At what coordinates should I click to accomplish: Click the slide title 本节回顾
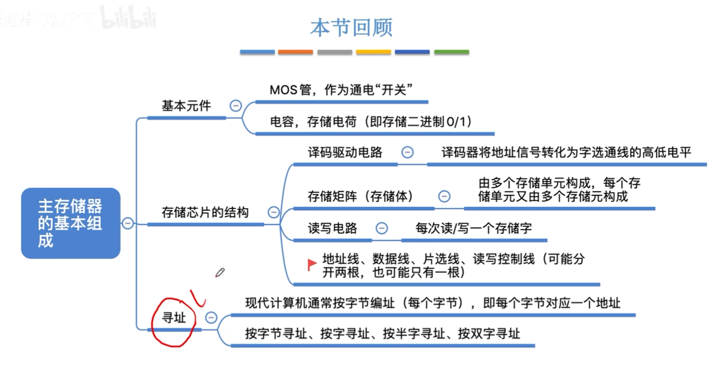[351, 28]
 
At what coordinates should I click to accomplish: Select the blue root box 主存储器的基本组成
[71, 223]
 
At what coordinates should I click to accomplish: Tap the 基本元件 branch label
[186, 106]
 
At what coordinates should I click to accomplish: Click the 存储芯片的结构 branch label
[205, 212]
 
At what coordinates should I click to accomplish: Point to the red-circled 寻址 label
[174, 318]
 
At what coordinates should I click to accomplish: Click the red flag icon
[311, 265]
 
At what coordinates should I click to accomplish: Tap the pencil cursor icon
[220, 273]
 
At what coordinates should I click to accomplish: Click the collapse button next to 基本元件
[236, 106]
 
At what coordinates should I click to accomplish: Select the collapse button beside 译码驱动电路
[407, 152]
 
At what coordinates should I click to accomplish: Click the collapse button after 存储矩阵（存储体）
[444, 196]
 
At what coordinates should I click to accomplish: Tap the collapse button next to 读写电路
[382, 228]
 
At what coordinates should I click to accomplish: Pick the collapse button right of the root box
[128, 223]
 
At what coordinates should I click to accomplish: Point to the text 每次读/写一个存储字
[473, 228]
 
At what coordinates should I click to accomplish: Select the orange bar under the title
[295, 52]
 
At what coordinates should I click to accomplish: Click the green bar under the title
[451, 52]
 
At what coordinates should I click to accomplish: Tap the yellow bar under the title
[374, 52]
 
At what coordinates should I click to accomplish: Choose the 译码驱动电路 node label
[345, 152]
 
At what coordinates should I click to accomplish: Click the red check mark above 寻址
[198, 298]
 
